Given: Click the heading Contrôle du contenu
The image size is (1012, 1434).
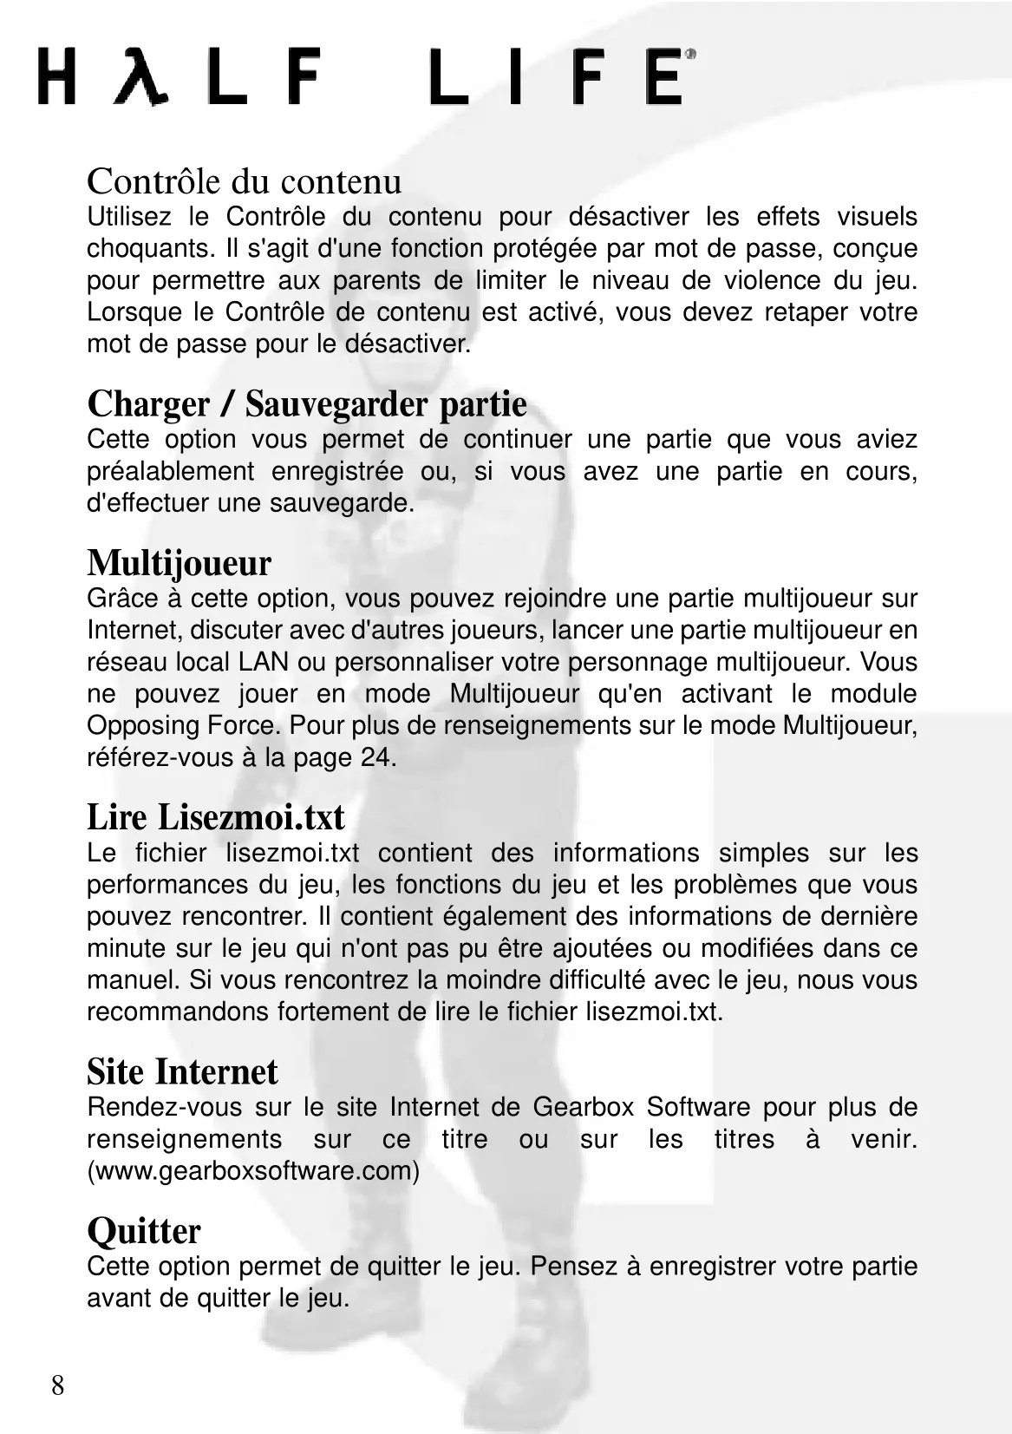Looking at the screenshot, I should coord(244,181).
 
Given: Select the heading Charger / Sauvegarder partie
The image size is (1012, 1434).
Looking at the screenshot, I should coord(307,404).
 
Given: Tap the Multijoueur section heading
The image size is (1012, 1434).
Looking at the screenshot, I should coord(179,563).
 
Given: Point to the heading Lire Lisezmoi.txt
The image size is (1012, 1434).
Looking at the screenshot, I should coord(216,817).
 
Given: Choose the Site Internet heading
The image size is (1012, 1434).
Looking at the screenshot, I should coord(182,1072).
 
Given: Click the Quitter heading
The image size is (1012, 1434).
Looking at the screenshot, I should coord(144,1231).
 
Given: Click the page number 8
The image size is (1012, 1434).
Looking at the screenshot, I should coord(57,1385).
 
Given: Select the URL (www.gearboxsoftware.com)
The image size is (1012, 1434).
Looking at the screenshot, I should coord(253,1171).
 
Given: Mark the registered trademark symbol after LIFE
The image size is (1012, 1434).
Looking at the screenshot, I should coord(690,54).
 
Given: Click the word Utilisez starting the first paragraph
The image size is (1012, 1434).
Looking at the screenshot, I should coord(128,217).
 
